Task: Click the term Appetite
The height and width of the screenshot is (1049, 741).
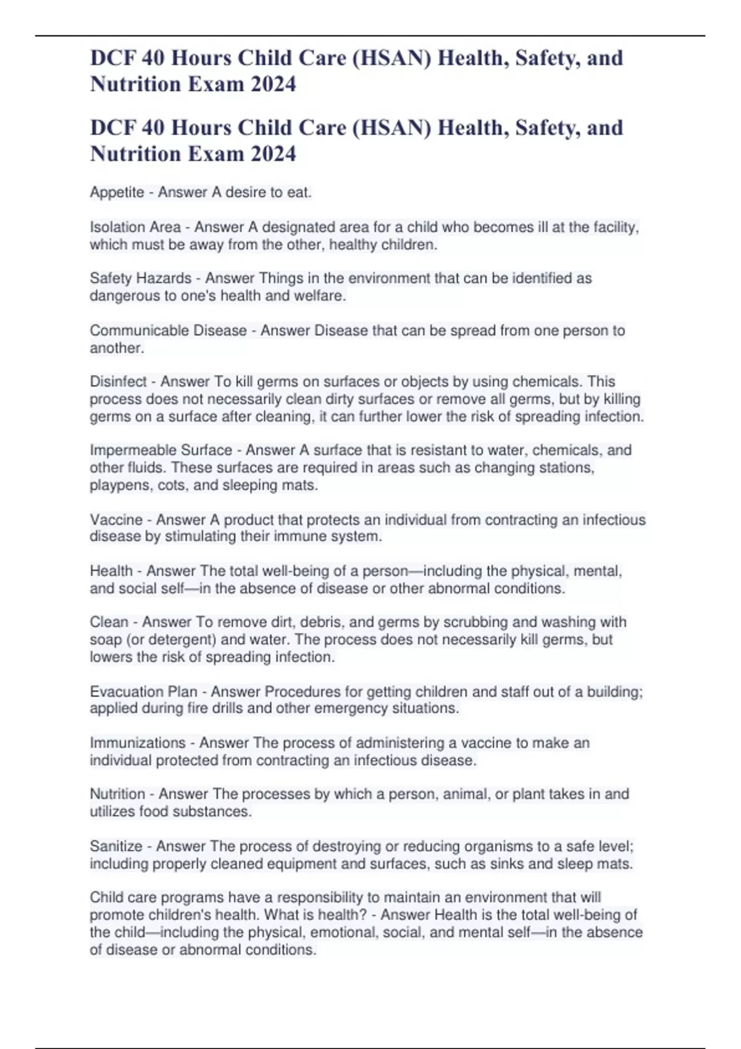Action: coord(117,193)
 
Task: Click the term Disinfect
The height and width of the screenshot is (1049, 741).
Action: coord(118,381)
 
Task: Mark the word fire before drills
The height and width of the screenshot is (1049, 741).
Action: coord(196,708)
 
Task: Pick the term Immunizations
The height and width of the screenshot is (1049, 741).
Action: coord(138,743)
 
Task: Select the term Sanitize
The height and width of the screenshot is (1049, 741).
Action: coord(116,846)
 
